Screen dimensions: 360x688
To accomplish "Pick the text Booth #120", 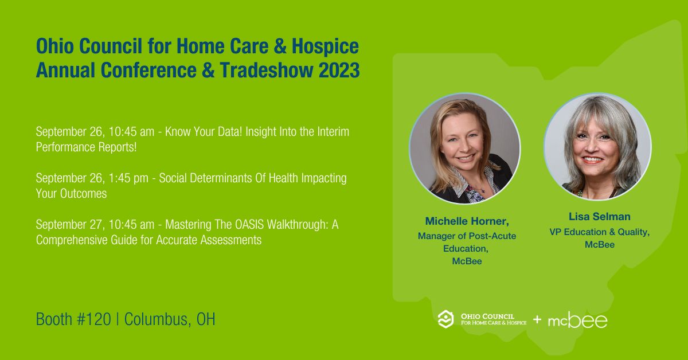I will click(73, 319).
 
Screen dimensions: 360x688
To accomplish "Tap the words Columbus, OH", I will click(169, 319).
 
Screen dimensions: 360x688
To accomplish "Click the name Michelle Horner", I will click(466, 221).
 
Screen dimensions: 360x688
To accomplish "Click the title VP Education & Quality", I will click(599, 232).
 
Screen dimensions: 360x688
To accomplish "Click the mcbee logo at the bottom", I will click(577, 320).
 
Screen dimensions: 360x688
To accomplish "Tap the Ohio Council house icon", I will click(445, 319).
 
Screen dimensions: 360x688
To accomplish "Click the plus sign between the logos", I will click(537, 319).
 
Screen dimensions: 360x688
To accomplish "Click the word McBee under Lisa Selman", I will click(599, 245).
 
